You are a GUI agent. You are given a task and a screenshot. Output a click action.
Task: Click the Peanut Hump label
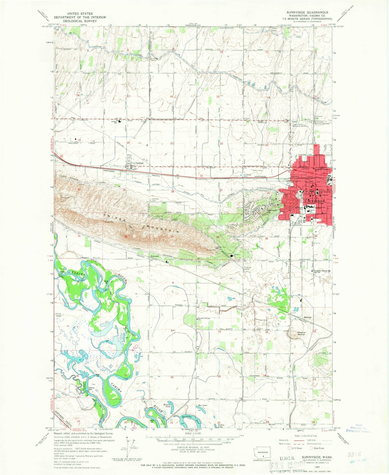click(301, 333)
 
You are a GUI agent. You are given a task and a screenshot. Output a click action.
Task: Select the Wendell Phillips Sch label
click(204, 318)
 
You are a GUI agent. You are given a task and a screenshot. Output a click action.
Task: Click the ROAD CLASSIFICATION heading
click(308, 436)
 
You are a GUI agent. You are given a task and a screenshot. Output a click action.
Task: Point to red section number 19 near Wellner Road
click(79, 140)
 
